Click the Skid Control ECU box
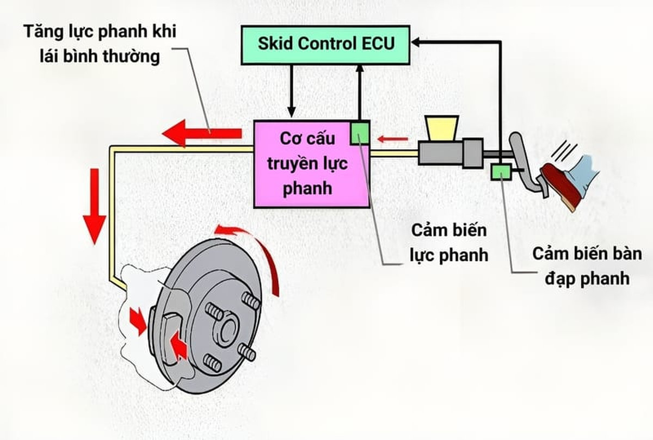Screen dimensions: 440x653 (x=325, y=44)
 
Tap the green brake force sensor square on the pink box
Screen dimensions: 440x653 (x=360, y=133)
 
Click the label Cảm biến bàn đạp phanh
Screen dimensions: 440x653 (x=580, y=266)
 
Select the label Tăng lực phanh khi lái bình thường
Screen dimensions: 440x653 (x=100, y=44)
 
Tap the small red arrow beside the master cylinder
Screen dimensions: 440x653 (x=393, y=140)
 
